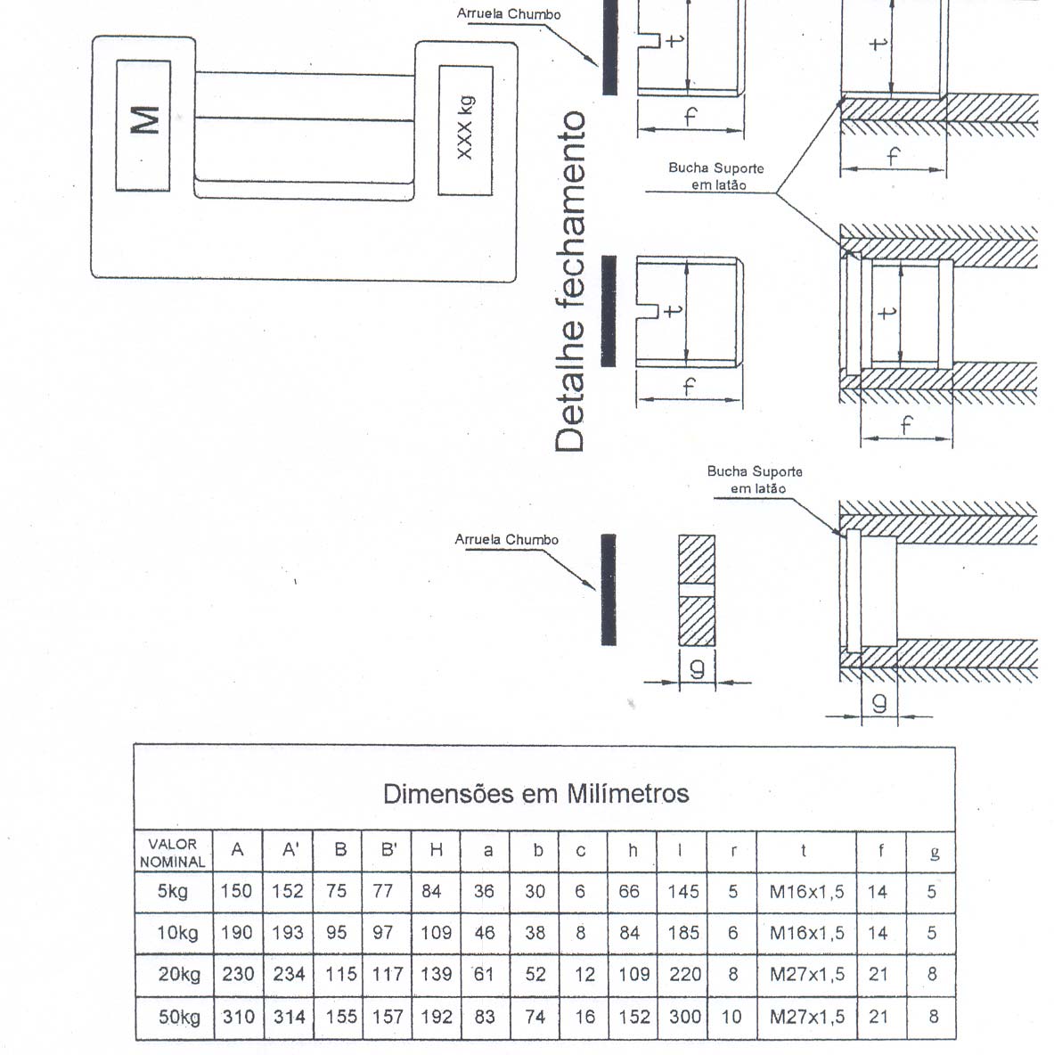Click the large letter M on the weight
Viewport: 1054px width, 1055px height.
coord(144,121)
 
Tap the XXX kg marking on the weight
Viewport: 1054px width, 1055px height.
coord(464,128)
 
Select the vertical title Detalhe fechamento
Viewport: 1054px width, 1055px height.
coord(569,282)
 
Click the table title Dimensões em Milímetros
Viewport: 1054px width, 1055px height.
coord(536,793)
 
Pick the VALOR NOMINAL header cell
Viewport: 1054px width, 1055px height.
coord(173,853)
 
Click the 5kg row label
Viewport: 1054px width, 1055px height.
coord(172,892)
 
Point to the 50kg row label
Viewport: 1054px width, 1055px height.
coord(179,1017)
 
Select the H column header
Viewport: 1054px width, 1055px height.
coord(436,850)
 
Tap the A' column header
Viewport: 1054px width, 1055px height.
coord(290,850)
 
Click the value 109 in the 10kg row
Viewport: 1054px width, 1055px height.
coord(436,933)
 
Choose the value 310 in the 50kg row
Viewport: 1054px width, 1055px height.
coord(238,1016)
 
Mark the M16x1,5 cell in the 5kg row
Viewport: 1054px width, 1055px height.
coord(806,892)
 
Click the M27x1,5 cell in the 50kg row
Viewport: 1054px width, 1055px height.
coord(806,1017)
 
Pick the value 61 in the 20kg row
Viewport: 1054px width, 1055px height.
coord(485,974)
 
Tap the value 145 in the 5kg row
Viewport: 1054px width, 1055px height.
coord(683,892)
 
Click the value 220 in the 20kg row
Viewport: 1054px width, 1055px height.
coord(685,974)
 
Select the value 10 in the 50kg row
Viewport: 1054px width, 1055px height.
coord(731,1017)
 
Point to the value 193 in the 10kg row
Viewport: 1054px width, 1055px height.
coord(289,933)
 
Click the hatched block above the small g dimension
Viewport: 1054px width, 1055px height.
coord(696,590)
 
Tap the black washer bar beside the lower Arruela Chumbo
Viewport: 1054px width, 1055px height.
coord(608,589)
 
